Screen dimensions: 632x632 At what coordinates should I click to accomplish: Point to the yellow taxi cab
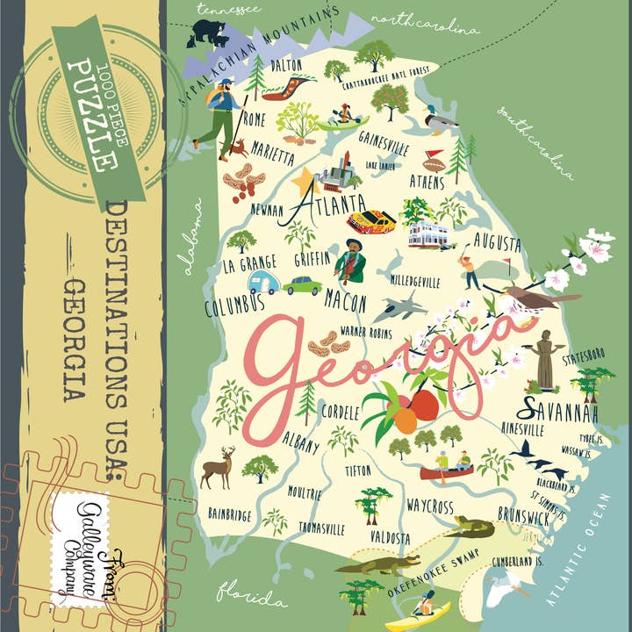coord(371,220)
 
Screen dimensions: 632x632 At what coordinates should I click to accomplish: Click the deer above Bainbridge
coord(217,466)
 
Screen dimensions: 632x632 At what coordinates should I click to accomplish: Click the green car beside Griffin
coord(303,284)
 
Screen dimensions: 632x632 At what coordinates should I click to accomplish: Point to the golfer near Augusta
coord(472,267)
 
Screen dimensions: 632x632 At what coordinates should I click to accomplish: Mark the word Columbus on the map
coord(234,305)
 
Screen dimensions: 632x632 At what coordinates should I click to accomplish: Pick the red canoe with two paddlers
coord(448,470)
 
